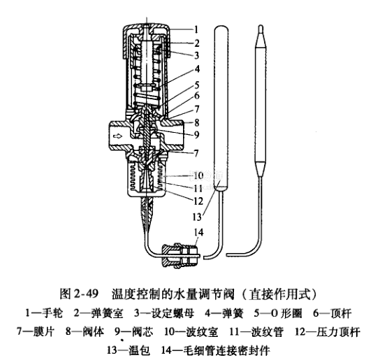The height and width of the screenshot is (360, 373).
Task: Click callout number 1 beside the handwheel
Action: pyautogui.click(x=196, y=30)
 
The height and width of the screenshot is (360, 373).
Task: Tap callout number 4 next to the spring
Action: pyautogui.click(x=197, y=69)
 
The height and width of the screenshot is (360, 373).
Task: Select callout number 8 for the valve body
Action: pyautogui.click(x=197, y=122)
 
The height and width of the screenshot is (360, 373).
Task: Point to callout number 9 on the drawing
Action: pyautogui.click(x=196, y=135)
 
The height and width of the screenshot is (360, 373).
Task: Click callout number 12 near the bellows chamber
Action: pyautogui.click(x=198, y=201)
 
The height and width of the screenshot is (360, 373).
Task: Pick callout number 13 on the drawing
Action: pyautogui.click(x=197, y=217)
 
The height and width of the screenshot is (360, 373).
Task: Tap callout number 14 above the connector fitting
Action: pyautogui.click(x=198, y=232)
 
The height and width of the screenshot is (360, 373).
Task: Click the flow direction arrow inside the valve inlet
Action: pyautogui.click(x=117, y=136)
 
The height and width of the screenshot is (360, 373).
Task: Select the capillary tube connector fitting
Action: pyautogui.click(x=180, y=255)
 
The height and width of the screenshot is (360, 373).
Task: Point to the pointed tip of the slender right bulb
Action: pyautogui.click(x=261, y=26)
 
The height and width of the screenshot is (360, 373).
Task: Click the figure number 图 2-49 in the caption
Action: pyautogui.click(x=79, y=294)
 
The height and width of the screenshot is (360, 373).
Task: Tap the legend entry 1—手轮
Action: pyautogui.click(x=44, y=313)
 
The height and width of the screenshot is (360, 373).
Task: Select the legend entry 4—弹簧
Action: pyautogui.click(x=224, y=313)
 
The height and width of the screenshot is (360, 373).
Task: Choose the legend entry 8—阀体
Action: pyautogui.click(x=85, y=331)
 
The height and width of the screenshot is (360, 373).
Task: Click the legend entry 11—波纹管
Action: pyautogui.click(x=256, y=331)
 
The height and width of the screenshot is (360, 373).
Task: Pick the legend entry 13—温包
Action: pyautogui.click(x=129, y=350)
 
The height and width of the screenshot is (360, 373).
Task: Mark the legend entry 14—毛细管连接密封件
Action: pyautogui.click(x=216, y=350)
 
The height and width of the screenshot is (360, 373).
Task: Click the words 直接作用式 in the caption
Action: pyautogui.click(x=279, y=294)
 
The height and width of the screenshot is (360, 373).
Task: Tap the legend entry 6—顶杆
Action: pyautogui.click(x=332, y=313)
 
